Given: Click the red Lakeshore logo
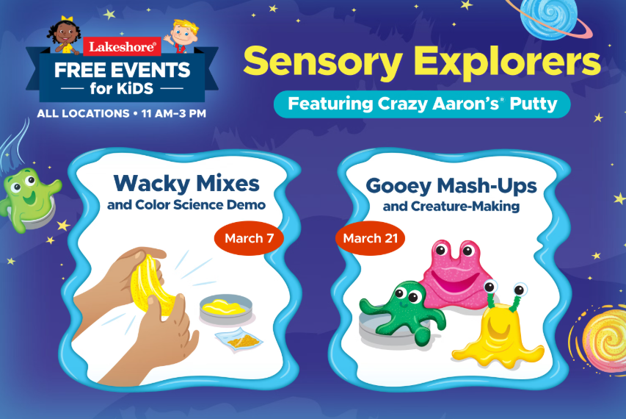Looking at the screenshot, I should tap(121, 47).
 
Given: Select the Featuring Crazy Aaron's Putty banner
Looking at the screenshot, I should tap(421, 104).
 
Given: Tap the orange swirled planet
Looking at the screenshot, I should tap(603, 334).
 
